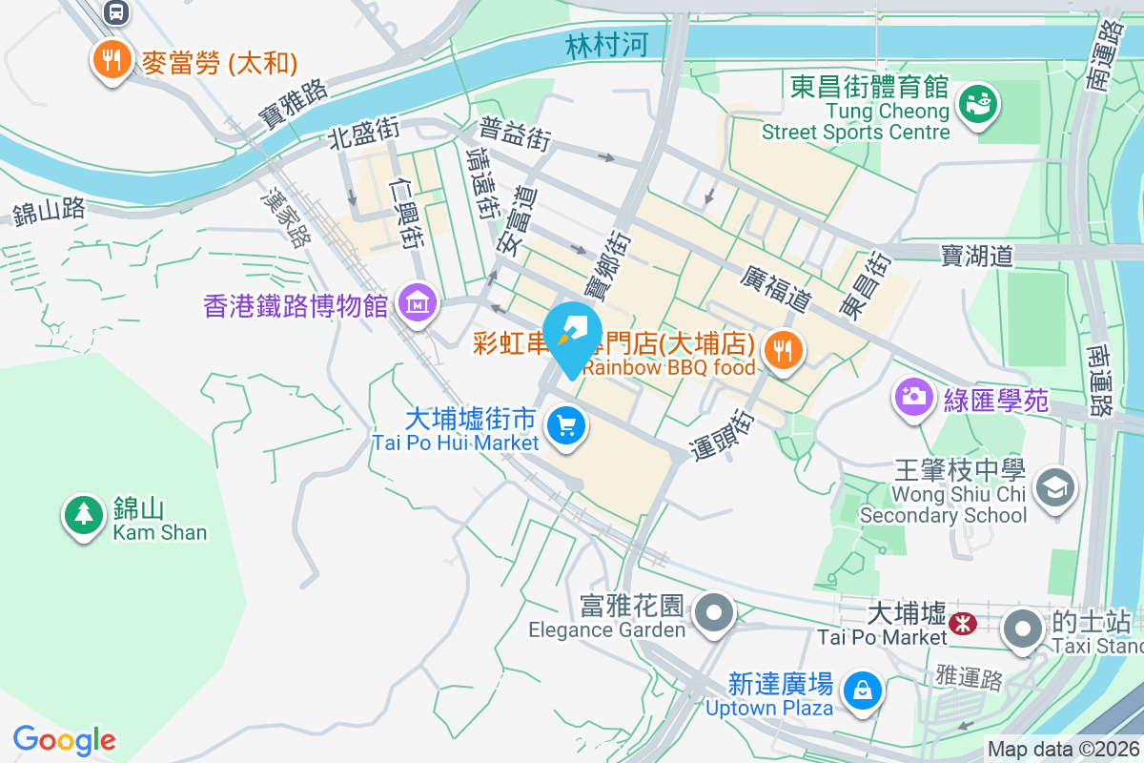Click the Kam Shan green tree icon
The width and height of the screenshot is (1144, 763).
(84, 515)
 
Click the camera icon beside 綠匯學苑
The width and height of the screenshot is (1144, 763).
(913, 396)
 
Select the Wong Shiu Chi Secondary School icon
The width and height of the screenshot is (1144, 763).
(1054, 489)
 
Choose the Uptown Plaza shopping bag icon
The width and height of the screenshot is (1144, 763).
(862, 688)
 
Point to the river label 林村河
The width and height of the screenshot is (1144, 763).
(606, 46)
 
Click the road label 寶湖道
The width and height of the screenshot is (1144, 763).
(975, 255)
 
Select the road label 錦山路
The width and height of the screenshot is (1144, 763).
(50, 211)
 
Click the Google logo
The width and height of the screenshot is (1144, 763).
(65, 739)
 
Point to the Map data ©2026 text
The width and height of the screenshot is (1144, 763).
(1063, 749)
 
